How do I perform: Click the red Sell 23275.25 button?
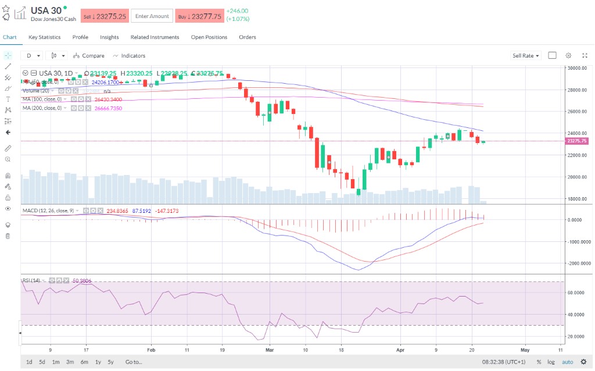(105, 16)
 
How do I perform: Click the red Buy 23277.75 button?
(199, 16)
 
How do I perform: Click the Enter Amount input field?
(152, 16)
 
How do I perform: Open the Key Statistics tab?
(44, 37)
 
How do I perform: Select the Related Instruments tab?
(155, 37)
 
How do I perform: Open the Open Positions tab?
(209, 37)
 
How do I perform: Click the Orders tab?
(248, 37)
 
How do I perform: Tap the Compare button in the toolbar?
(89, 56)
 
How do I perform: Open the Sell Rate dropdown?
(525, 56)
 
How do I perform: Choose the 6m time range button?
(84, 362)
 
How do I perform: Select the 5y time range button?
(110, 362)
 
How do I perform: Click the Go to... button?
(133, 362)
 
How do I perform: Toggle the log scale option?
(551, 362)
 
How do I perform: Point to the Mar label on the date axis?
(268, 351)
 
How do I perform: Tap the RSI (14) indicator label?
(31, 280)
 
